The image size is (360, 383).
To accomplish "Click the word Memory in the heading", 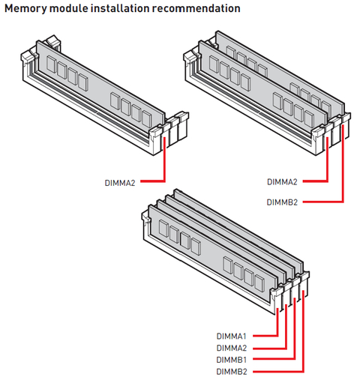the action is pos(25,9).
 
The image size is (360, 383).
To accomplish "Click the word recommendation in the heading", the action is pos(196,8).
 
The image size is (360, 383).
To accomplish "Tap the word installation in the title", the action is pos(120,8).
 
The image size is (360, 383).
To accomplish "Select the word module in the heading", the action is pos(69,8).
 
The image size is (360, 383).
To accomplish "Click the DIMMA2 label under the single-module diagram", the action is pos(120,183).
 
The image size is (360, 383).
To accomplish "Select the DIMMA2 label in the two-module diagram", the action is pos(282,182).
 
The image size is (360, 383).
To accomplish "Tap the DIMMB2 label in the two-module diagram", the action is pos(282,202).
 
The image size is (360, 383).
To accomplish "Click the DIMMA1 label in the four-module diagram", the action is pos(232,337).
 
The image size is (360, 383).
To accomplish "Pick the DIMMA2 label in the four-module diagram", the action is pos(232,348).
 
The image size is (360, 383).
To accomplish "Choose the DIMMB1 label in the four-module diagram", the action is pos(232,360).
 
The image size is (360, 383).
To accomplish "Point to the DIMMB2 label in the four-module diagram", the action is pos(232,372).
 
